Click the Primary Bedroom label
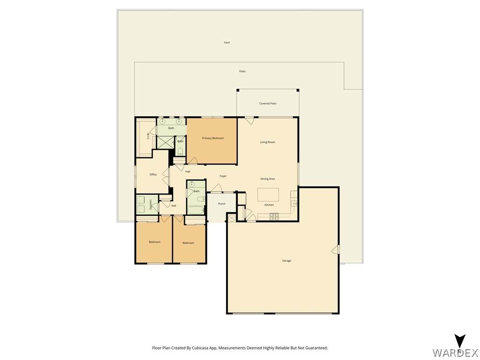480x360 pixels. [213, 138]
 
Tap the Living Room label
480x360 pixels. [268, 142]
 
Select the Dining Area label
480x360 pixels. [267, 179]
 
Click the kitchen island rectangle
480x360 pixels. [268, 195]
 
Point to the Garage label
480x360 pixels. [286, 261]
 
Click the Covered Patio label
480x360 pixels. [268, 104]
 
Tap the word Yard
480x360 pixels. [227, 43]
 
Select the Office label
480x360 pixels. [153, 174]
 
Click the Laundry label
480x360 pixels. [151, 204]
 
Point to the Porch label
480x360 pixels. [222, 204]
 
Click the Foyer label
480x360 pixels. [223, 176]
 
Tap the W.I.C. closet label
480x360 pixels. [148, 136]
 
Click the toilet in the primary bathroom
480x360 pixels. [180, 151]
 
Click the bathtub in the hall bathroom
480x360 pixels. [196, 210]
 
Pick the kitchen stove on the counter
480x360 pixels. [274, 217]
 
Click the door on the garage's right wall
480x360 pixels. [336, 249]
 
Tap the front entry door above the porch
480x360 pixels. [217, 188]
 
